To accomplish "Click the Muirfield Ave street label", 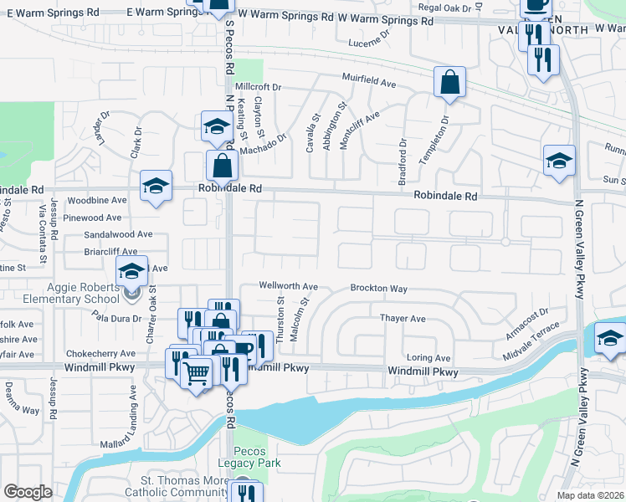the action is coord(368,81).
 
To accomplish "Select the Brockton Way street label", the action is coord(378,288).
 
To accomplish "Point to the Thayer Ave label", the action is coord(403,319).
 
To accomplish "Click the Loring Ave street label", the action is coord(428,357).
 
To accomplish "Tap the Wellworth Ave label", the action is coord(289,285).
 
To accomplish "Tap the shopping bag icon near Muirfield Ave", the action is coord(449,83).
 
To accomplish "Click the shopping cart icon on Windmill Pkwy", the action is coord(196,373).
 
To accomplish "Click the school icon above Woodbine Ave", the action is coord(156,186).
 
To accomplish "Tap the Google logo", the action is coord(28,492).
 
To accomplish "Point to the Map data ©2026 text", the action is coord(591,495).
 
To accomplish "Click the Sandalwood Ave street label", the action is coord(118,234).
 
